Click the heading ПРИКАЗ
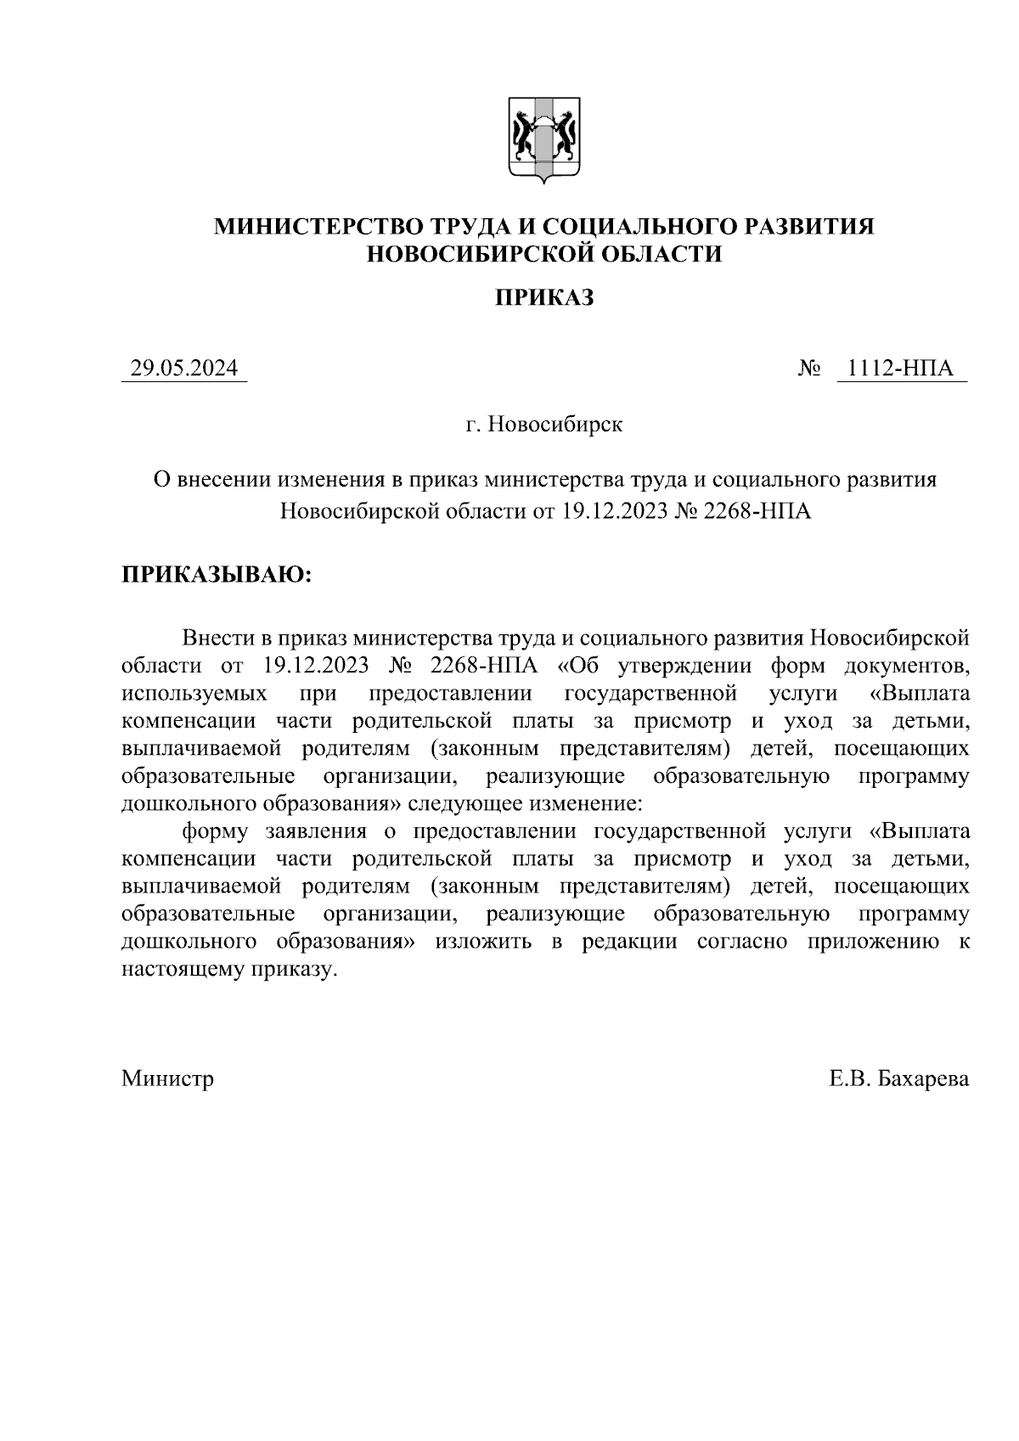(543, 298)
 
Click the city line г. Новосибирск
(543, 424)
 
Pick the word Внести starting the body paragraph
(217, 638)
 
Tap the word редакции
(629, 942)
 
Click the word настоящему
(183, 970)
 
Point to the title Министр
(168, 1078)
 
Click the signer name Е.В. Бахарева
(899, 1078)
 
